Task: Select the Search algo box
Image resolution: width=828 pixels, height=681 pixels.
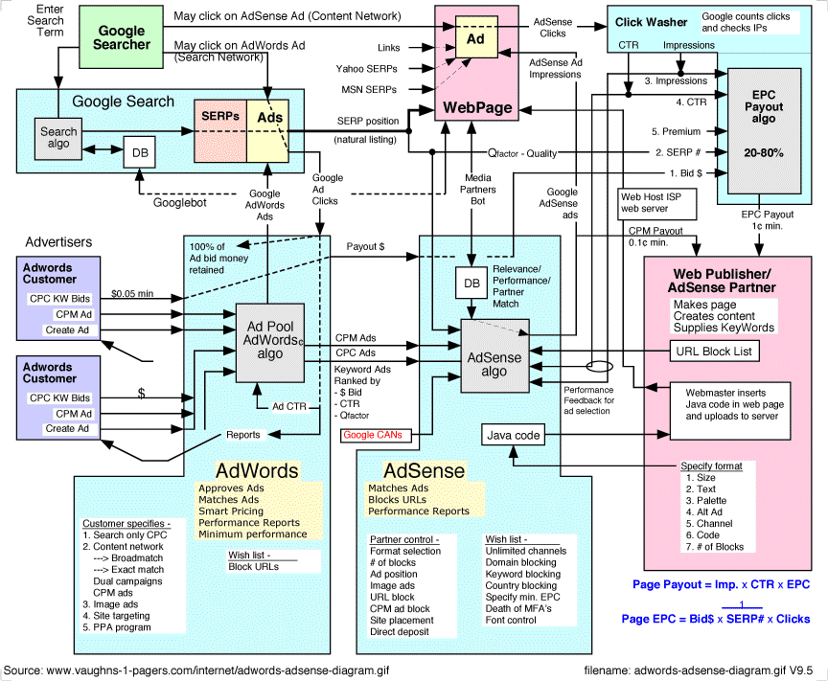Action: [x=57, y=138]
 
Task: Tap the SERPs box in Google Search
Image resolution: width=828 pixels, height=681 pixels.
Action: [x=220, y=116]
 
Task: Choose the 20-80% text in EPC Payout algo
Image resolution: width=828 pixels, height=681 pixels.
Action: [x=763, y=152]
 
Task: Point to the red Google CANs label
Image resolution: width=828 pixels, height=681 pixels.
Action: [x=374, y=435]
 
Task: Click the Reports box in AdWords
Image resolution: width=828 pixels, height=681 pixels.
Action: [x=243, y=435]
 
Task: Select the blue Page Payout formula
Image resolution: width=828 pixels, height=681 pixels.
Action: [x=721, y=583]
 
